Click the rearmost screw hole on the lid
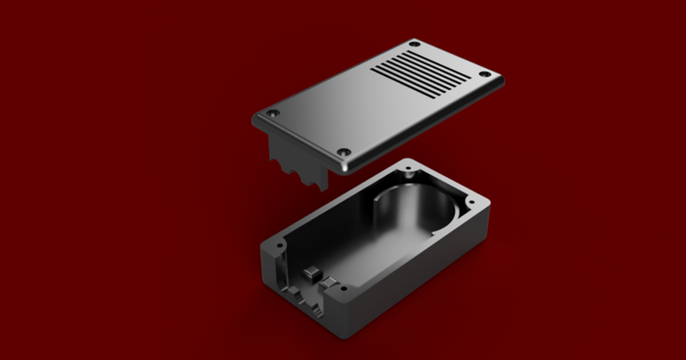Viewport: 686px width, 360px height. click(415, 43)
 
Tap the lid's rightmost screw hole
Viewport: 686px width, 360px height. click(484, 74)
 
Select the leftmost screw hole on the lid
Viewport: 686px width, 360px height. click(273, 113)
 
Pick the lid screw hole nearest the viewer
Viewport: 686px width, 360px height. click(344, 152)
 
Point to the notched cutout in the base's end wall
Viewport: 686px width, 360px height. click(306, 303)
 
